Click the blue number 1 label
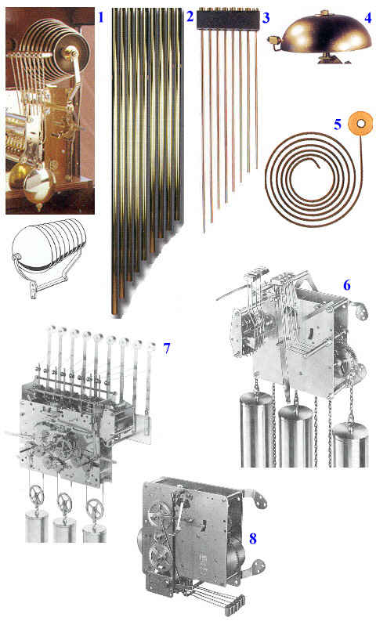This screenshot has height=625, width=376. [x=101, y=17]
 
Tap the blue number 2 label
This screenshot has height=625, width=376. [x=190, y=16]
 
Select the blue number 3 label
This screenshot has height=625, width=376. [x=266, y=17]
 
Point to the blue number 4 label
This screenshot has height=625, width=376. [x=367, y=17]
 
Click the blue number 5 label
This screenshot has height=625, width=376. [x=338, y=125]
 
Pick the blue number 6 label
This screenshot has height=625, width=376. [x=347, y=285]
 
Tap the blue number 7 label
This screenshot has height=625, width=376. [x=167, y=348]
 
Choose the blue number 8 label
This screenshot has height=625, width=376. [x=253, y=539]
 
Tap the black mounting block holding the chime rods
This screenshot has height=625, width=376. [x=227, y=19]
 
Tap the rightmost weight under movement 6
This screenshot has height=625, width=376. [x=350, y=444]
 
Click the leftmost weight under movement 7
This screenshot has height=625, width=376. [x=37, y=526]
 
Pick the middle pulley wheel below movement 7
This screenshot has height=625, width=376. [x=64, y=503]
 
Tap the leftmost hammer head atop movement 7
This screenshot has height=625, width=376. [x=52, y=330]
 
